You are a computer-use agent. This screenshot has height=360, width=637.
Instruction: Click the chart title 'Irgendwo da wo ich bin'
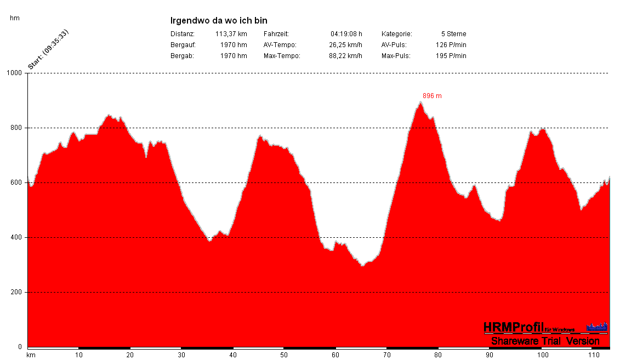click(219, 21)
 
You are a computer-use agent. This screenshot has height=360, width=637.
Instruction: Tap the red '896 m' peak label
click(432, 96)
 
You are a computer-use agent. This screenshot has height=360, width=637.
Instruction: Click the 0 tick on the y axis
click(20, 347)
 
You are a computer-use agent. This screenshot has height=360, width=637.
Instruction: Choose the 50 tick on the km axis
click(283, 355)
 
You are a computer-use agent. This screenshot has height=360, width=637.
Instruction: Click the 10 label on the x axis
click(79, 355)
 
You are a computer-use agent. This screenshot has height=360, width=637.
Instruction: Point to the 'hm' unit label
click(15, 18)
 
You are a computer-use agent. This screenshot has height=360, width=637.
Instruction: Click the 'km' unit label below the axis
click(31, 355)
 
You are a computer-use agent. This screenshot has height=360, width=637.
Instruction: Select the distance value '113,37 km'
click(231, 34)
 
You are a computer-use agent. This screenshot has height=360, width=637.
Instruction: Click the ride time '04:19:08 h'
click(346, 34)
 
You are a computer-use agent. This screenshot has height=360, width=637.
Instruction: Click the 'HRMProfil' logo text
click(514, 327)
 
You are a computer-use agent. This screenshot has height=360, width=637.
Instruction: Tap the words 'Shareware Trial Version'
click(545, 341)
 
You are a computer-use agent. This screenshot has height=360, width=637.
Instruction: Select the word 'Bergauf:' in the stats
click(183, 45)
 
